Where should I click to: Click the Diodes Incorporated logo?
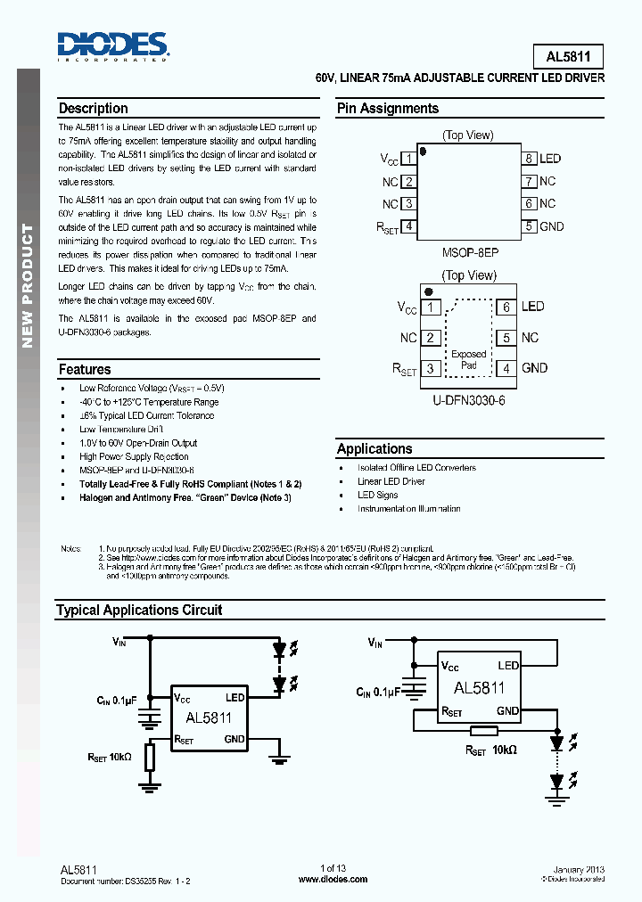point(112,45)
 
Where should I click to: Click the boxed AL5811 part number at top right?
point(568,57)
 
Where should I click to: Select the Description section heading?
point(93,109)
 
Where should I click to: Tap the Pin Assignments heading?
point(387,109)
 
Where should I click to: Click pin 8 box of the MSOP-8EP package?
point(529,159)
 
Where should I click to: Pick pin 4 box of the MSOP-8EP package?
point(408,226)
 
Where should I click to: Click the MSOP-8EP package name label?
point(470,252)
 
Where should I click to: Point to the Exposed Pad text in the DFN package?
point(469,359)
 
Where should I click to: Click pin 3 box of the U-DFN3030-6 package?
point(431,368)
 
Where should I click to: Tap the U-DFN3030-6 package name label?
point(469,401)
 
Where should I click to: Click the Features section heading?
point(85,369)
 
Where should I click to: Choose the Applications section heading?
point(374,449)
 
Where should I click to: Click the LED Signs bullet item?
point(378,495)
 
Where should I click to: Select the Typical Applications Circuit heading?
point(139,611)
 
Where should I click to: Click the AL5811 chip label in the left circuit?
point(209,717)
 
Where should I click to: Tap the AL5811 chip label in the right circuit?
point(479,688)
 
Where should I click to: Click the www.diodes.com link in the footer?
point(333,879)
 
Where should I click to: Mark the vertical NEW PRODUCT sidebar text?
point(28,285)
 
